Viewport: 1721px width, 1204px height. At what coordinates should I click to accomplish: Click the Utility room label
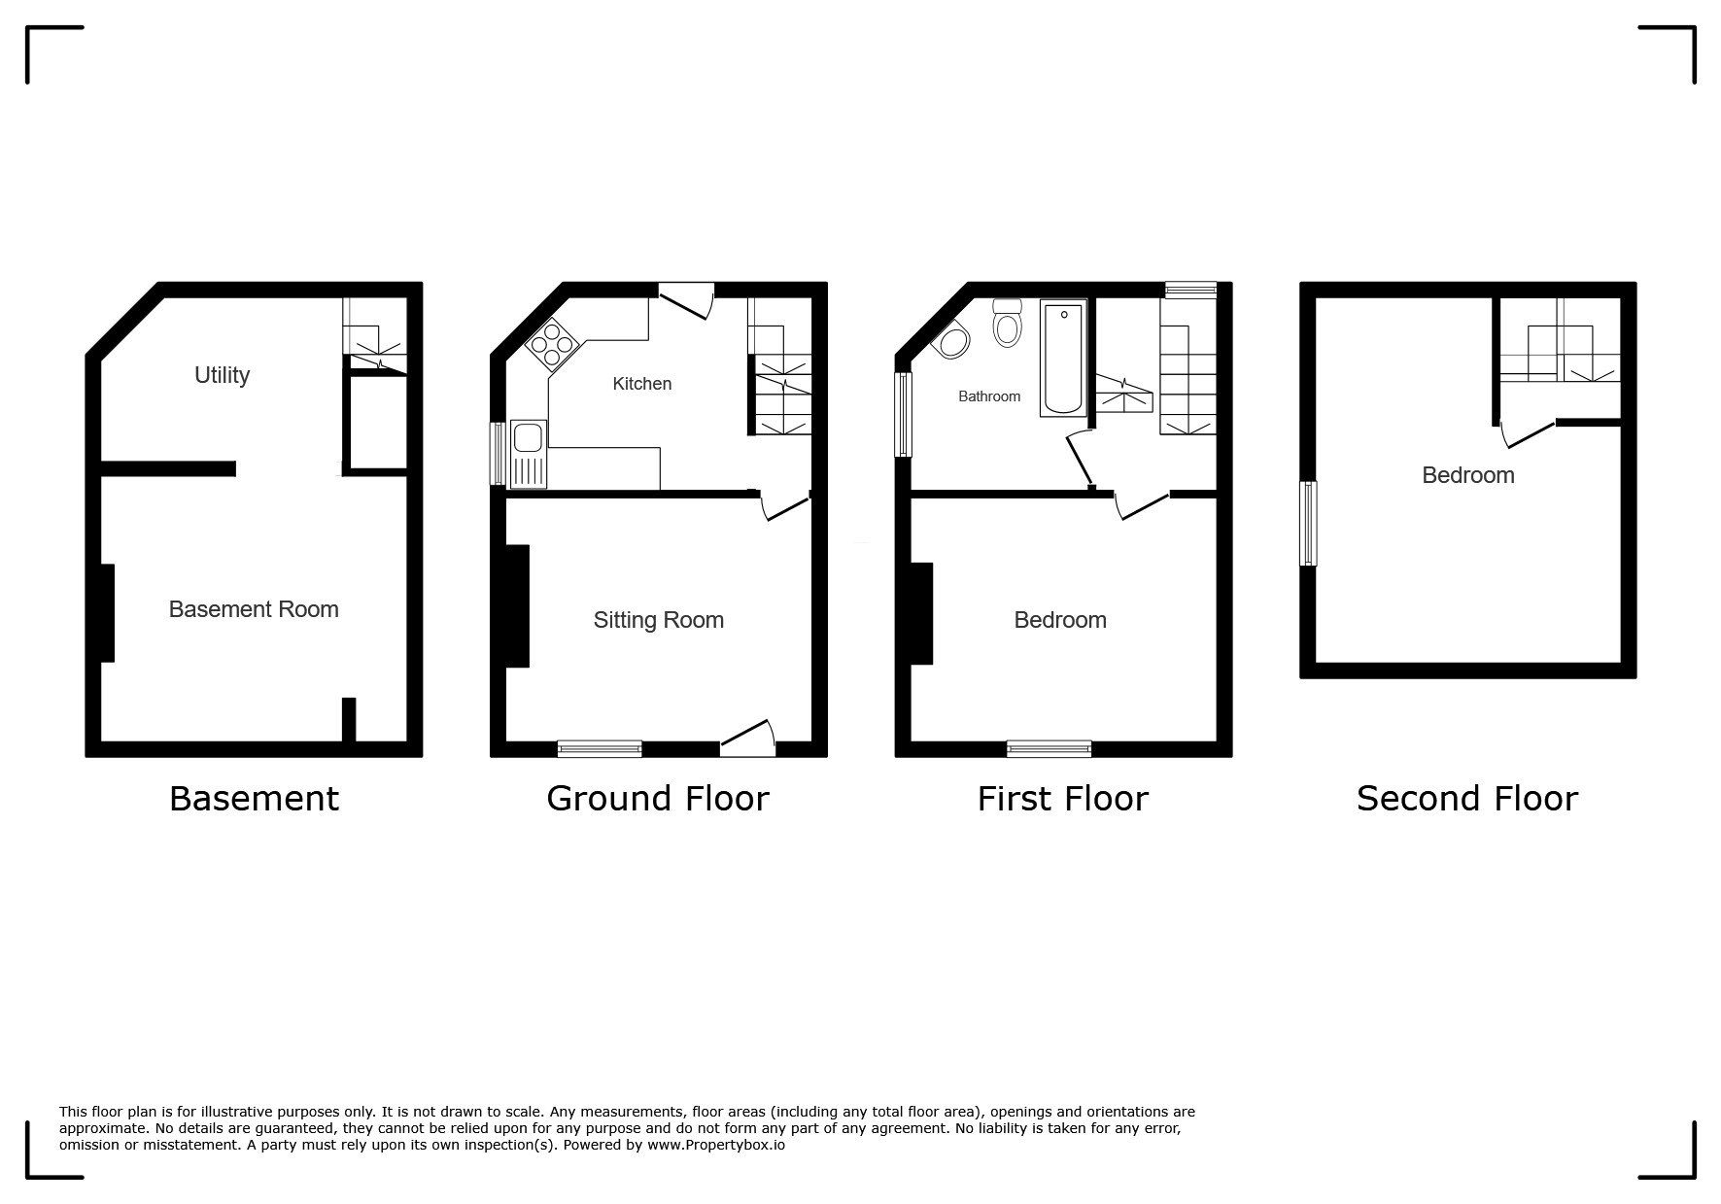[222, 375]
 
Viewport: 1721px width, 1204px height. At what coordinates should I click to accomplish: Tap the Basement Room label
[254, 609]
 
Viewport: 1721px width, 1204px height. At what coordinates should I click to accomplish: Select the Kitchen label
[641, 384]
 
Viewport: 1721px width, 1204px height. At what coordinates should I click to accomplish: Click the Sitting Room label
[659, 620]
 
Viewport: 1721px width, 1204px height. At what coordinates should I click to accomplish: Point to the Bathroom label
[989, 396]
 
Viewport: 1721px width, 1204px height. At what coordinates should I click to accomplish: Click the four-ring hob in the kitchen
[553, 344]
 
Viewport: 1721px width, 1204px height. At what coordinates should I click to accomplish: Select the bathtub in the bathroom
[1063, 359]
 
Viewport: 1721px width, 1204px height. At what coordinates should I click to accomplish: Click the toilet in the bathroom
[1008, 323]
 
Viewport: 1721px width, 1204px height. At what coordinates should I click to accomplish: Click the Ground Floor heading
[658, 799]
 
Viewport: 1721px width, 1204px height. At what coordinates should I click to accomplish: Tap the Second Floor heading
[1467, 799]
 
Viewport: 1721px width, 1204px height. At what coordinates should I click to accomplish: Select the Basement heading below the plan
[254, 799]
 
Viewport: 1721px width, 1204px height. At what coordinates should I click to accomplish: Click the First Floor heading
[1063, 799]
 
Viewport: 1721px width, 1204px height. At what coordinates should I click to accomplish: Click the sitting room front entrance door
[748, 739]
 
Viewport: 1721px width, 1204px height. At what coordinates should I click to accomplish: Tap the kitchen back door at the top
[687, 300]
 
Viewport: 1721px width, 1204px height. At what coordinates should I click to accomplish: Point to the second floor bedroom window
[1309, 524]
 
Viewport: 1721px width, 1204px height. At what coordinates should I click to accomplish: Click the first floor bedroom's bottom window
[1049, 749]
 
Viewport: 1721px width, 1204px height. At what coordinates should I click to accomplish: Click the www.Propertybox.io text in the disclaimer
[716, 1145]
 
